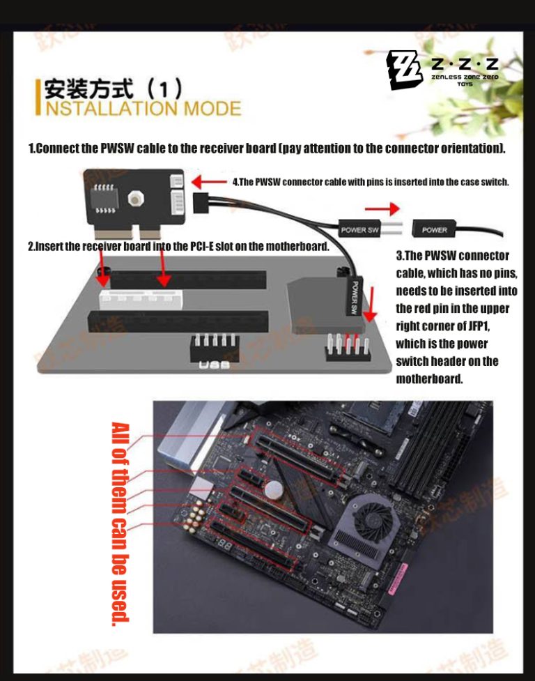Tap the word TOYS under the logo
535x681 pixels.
[464, 84]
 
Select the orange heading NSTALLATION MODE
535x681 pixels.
[143, 109]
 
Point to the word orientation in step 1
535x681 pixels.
[469, 148]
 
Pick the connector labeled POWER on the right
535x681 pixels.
[435, 229]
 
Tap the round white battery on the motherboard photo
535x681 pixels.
[278, 491]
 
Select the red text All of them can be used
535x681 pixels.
[120, 523]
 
